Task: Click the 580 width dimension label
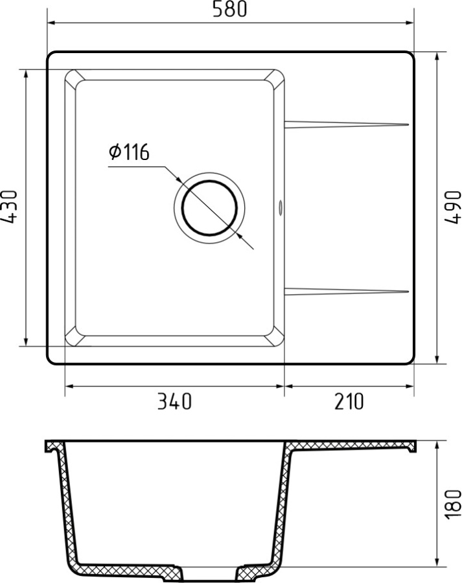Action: tap(230, 10)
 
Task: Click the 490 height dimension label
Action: tap(452, 207)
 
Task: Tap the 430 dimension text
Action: tap(9, 207)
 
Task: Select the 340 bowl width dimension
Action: tap(174, 402)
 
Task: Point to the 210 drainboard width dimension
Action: tap(349, 402)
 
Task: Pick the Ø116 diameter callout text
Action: tap(129, 153)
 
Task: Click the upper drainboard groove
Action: tap(347, 123)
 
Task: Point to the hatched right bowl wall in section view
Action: tap(282, 505)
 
